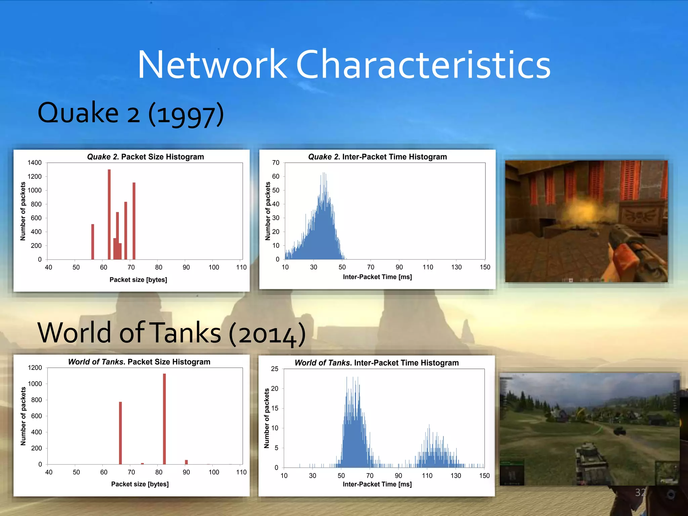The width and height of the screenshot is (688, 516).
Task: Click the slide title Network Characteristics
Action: coord(344,64)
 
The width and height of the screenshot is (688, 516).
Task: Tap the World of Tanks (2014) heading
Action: coord(171,333)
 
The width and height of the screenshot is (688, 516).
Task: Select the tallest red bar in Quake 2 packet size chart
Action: coord(109,215)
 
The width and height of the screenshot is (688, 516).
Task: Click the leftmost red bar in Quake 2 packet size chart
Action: coord(93,242)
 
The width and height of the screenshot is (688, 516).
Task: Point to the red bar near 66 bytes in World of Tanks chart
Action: coord(120,433)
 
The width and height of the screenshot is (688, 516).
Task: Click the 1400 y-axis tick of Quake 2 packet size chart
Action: coord(35,163)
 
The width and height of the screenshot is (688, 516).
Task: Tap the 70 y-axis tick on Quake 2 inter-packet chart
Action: coord(275,163)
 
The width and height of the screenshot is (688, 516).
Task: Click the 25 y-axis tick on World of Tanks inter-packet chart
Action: coord(274,369)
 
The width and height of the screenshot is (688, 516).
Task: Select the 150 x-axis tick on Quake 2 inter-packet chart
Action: coord(485,267)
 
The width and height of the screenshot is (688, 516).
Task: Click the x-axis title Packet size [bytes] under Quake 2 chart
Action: coord(138,280)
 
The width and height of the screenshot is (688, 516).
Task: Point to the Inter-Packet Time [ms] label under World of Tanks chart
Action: coord(377,484)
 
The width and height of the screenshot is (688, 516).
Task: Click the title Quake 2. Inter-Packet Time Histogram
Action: coord(377,157)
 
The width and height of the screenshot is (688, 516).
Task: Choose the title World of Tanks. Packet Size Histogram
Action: coord(139,362)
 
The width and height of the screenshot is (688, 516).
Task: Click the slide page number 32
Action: coord(640,492)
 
